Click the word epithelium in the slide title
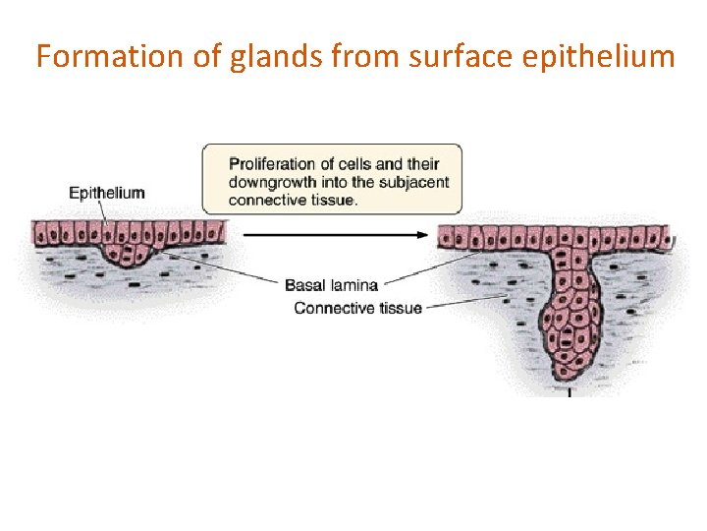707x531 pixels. (599, 56)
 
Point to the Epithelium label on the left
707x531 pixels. (106, 193)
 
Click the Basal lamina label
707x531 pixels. (331, 285)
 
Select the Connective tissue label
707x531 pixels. (357, 308)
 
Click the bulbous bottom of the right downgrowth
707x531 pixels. (569, 344)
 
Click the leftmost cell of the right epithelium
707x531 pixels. (444, 237)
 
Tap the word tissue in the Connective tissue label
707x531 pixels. (401, 308)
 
